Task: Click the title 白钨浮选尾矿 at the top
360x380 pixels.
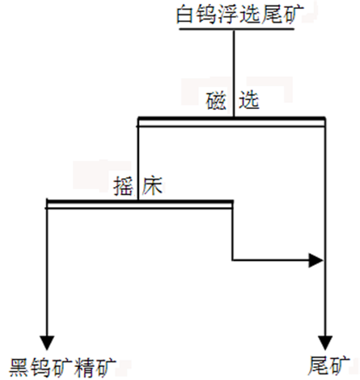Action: (237, 14)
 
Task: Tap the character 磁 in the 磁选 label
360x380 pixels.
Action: (216, 101)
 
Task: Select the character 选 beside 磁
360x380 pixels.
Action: (249, 101)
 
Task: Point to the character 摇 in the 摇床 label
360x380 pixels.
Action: (123, 185)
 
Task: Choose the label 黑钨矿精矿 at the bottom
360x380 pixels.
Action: (63, 366)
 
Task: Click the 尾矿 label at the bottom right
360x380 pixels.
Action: (330, 366)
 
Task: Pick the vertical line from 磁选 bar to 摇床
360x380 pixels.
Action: (138, 154)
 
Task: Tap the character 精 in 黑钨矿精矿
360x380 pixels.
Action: (85, 366)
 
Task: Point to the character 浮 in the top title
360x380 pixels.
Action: (227, 14)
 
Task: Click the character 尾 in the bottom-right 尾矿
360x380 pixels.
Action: (319, 366)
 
